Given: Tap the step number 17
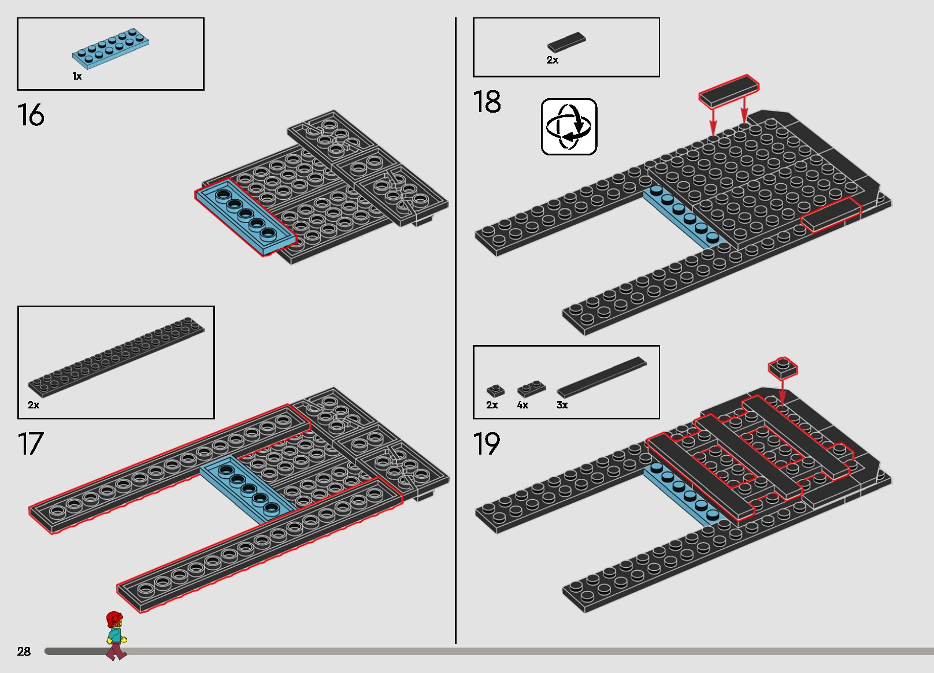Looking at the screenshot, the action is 31,444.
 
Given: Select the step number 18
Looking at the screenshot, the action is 487,102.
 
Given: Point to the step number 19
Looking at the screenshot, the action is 486,444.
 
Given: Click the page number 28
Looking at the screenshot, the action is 24,651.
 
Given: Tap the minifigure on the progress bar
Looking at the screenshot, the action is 116,636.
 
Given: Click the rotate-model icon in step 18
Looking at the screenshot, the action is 569,127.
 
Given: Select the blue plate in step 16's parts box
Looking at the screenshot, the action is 110,48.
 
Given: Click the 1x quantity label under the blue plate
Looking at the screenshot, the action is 77,76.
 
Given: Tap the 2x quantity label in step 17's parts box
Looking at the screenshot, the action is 34,405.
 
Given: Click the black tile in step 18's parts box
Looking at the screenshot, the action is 566,42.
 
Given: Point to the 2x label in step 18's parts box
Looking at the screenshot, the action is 553,60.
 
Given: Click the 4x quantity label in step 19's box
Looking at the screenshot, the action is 522,405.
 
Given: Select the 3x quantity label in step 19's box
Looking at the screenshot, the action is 562,405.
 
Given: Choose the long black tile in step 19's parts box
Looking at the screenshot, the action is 601,377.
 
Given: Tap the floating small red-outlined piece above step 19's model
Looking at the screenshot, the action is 783,368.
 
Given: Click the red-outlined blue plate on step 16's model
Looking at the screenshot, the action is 246,217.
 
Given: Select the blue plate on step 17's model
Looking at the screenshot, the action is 248,490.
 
